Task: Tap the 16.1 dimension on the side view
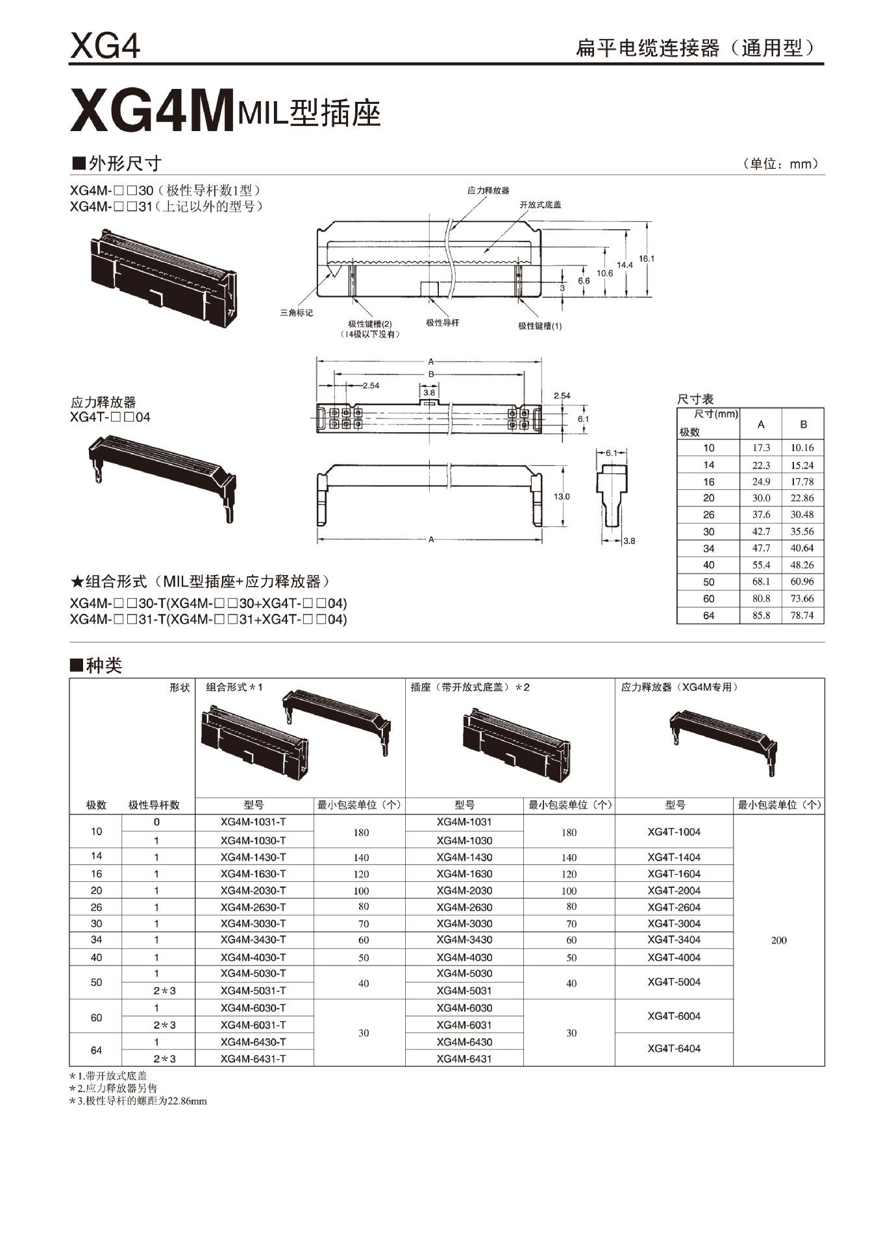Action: [x=647, y=258]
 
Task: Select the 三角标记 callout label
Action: [x=296, y=313]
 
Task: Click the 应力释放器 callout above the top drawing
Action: [x=488, y=190]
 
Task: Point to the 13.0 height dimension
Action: [x=561, y=496]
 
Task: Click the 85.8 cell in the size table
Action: [x=761, y=615]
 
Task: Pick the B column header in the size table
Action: [x=803, y=424]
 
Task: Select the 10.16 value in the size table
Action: [x=802, y=448]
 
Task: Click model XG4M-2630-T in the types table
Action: [x=253, y=907]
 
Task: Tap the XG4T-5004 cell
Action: [x=674, y=982]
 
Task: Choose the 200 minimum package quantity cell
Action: [x=778, y=940]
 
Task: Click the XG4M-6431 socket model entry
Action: [x=464, y=1058]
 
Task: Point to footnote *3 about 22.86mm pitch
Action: [x=138, y=1101]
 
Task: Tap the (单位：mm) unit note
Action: [x=780, y=164]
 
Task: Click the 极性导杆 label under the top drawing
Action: [x=442, y=323]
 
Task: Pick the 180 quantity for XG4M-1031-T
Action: [x=361, y=832]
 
